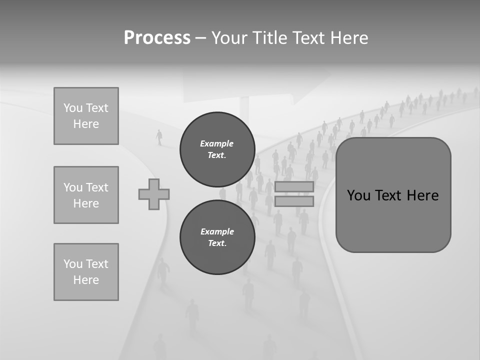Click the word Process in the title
pyautogui.click(x=157, y=38)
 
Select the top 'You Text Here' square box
pyautogui.click(x=86, y=116)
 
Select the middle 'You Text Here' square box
pyautogui.click(x=86, y=195)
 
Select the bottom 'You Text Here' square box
pyautogui.click(x=86, y=272)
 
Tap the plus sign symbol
pyautogui.click(x=154, y=194)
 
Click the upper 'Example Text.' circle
pyautogui.click(x=217, y=149)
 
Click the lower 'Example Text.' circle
pyautogui.click(x=217, y=237)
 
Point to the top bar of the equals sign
pyautogui.click(x=294, y=187)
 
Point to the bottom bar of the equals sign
pyautogui.click(x=294, y=201)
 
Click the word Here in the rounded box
pyautogui.click(x=422, y=195)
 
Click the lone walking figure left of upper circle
pyautogui.click(x=159, y=137)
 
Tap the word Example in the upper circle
pyautogui.click(x=217, y=143)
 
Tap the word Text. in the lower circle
pyautogui.click(x=217, y=243)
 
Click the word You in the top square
pyautogui.click(x=72, y=108)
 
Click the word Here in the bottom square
pyautogui.click(x=86, y=280)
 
